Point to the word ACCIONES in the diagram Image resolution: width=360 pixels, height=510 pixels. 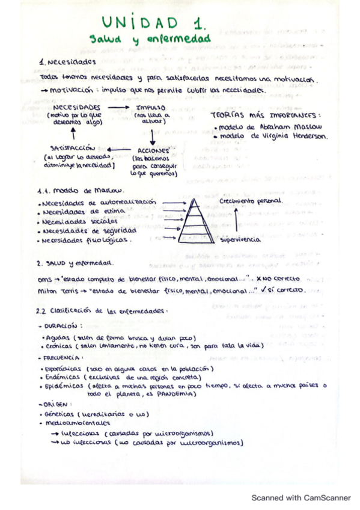(x=153, y=150)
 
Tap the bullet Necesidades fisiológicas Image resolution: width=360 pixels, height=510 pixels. (x=86, y=240)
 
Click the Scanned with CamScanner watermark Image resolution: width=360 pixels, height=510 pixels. (x=300, y=498)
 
